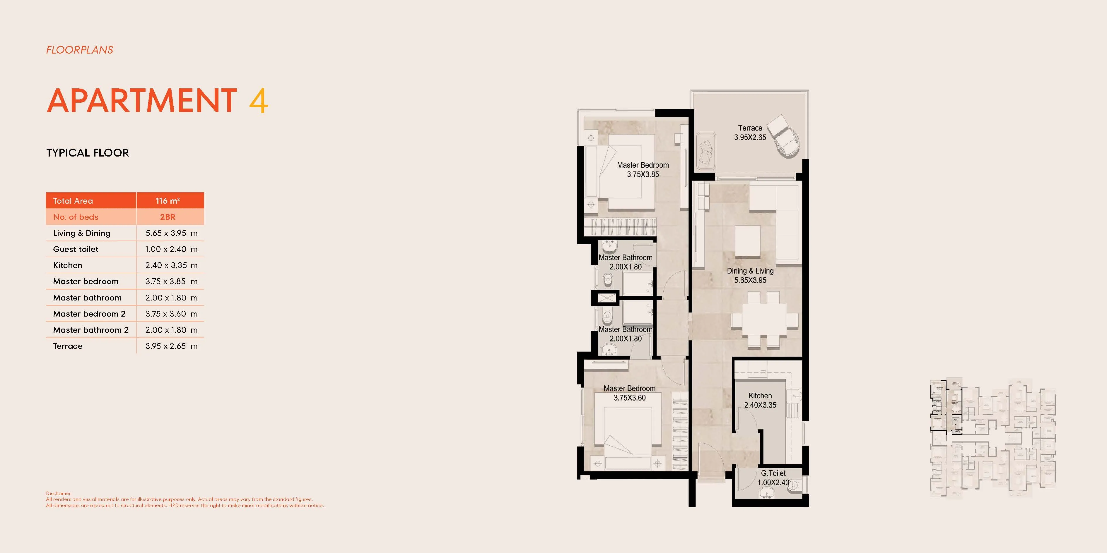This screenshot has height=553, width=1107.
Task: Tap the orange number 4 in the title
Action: [x=258, y=101]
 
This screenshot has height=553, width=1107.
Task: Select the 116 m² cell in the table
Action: [x=168, y=200]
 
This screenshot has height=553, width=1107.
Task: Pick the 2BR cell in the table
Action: [x=168, y=217]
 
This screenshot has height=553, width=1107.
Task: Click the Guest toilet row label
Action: [x=76, y=249]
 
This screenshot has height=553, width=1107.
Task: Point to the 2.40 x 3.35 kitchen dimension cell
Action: [x=171, y=265]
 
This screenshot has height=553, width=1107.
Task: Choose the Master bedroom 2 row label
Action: [x=89, y=314]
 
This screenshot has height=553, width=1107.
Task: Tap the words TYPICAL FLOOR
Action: [x=88, y=153]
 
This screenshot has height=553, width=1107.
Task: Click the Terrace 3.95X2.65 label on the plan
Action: [x=750, y=133]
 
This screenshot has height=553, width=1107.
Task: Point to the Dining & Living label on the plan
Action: [x=750, y=275]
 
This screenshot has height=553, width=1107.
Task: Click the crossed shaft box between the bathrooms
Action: [x=606, y=298]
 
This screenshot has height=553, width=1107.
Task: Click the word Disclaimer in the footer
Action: [x=59, y=493]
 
